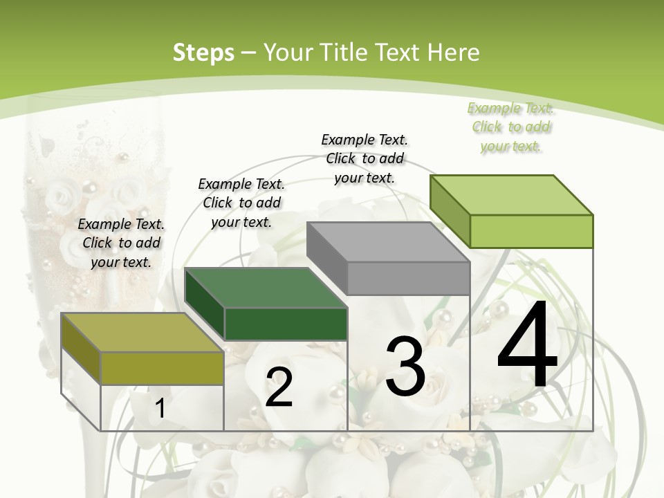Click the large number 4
527,346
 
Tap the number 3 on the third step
405,366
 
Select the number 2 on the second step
279,387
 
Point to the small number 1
160,408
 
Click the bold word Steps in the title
203,53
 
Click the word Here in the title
453,53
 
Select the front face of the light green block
531,231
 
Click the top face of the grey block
387,241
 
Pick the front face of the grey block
408,278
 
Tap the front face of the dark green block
286,324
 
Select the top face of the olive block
142,332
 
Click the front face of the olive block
162,368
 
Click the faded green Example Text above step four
510,108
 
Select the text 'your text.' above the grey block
365,178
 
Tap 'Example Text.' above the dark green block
241,184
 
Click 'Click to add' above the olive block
122,243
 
